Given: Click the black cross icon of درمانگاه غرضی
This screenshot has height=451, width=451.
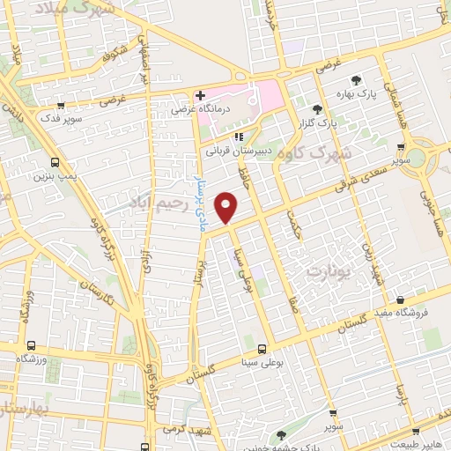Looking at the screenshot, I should (201, 95).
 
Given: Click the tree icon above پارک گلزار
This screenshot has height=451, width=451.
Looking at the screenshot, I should (317, 108).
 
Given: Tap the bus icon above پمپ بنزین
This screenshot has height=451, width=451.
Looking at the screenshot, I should (55, 163).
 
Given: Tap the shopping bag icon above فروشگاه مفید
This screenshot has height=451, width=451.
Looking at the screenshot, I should (401, 299).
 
